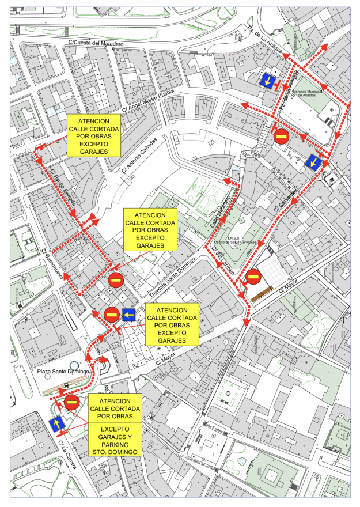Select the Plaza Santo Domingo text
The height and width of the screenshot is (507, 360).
pyautogui.click(x=62, y=372)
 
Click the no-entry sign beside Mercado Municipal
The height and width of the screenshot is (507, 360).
pyautogui.click(x=281, y=137)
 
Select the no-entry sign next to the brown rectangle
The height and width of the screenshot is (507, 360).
pyautogui.click(x=253, y=278)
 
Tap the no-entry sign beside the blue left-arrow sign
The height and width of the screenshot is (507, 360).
pyautogui.click(x=111, y=315)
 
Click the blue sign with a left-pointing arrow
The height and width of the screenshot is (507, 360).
pyautogui.click(x=128, y=315)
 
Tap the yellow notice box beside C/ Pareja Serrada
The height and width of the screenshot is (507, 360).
pyautogui.click(x=94, y=135)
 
